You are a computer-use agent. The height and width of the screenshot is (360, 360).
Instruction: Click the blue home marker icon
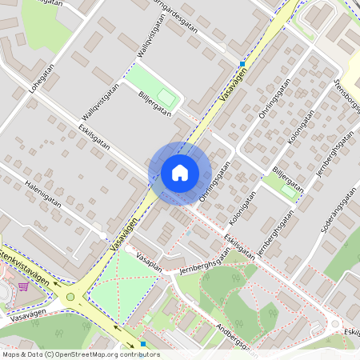coord(180,173)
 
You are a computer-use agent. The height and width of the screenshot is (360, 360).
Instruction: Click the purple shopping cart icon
coord(24,286)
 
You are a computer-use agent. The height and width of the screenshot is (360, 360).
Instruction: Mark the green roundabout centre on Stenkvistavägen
coord(70,298)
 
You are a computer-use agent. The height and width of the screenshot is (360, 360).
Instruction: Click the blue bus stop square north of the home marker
coord(242,63)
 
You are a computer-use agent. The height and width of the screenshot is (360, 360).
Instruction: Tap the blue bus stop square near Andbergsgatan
coord(142,344)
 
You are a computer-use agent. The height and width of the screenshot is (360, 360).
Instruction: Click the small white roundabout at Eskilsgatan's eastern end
coord(334,325)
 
